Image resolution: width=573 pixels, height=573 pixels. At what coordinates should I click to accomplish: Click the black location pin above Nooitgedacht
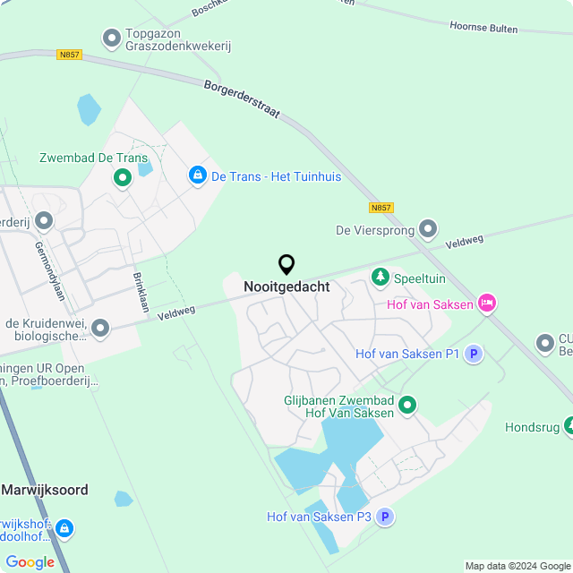click(x=286, y=264)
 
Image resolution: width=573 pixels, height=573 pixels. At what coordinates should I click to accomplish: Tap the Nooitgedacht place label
click(x=286, y=287)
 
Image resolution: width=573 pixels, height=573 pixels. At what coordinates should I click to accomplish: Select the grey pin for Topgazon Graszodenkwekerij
click(x=112, y=38)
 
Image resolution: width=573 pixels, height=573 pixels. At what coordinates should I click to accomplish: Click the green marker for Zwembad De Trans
click(x=122, y=178)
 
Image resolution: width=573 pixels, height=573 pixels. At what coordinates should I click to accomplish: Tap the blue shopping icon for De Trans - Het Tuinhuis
click(x=197, y=176)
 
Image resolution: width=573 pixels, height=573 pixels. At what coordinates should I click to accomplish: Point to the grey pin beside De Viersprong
click(x=429, y=230)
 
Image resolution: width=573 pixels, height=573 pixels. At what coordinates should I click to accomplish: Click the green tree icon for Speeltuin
click(x=381, y=278)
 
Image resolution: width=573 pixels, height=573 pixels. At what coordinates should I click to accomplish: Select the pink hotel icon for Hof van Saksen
click(x=486, y=304)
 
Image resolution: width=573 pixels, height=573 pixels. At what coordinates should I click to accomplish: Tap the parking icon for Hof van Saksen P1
click(x=474, y=354)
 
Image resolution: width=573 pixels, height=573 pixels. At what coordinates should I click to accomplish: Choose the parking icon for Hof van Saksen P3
click(x=385, y=517)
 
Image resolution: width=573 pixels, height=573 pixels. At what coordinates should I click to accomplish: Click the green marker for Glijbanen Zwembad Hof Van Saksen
click(x=407, y=406)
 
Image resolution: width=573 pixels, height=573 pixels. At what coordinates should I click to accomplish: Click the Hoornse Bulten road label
click(x=483, y=29)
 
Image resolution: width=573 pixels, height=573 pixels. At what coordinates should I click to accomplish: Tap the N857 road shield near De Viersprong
click(x=381, y=207)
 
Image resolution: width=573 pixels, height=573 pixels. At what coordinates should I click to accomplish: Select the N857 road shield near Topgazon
click(x=69, y=55)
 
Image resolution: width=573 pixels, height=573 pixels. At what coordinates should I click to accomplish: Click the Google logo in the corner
click(x=30, y=561)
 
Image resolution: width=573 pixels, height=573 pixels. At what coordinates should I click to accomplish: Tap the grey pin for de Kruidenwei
click(x=100, y=329)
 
